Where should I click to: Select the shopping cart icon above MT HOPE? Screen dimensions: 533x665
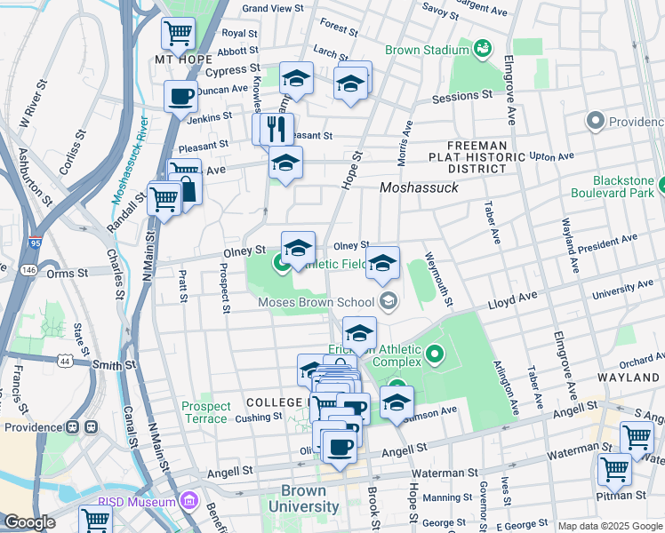178,34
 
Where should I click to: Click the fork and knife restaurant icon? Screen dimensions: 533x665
276,129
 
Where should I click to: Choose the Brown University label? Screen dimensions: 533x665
309,498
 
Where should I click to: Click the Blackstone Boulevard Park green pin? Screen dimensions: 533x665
648,182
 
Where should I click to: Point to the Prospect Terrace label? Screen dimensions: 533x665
206,413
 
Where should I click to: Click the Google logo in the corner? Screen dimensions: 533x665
29,522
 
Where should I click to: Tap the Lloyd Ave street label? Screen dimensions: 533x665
513,298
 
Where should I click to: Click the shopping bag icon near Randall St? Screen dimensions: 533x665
188,187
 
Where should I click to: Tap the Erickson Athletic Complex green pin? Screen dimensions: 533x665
435,355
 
